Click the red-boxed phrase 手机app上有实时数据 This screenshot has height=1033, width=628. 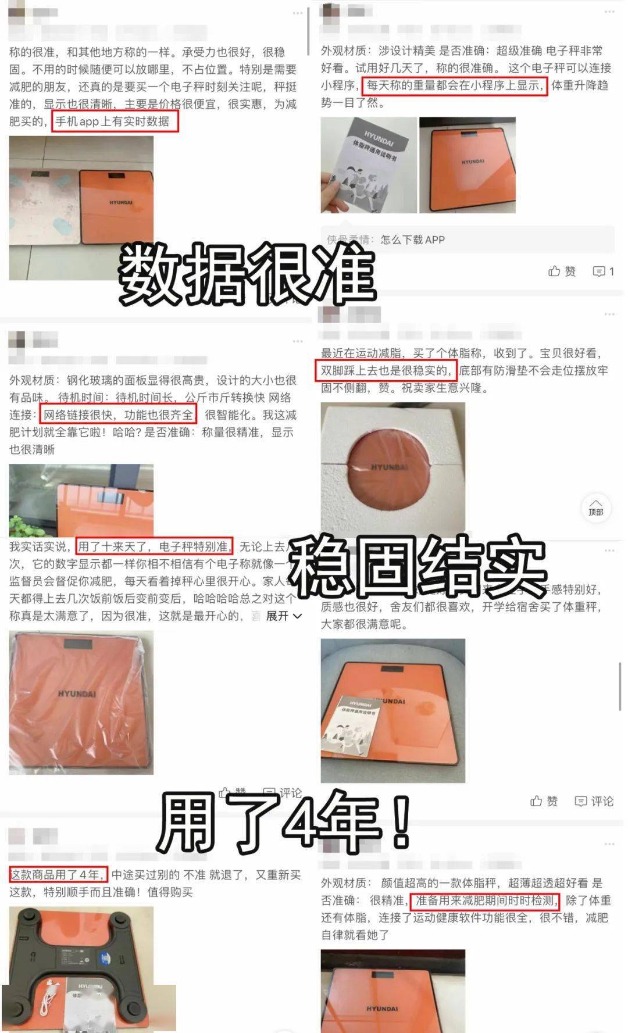tap(115, 121)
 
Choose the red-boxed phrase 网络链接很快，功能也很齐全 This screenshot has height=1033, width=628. tap(119, 415)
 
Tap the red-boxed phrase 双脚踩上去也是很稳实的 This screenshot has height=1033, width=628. tap(385, 370)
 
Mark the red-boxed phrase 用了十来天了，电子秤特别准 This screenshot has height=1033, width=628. tap(154, 546)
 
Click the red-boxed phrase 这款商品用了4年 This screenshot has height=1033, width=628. tap(58, 874)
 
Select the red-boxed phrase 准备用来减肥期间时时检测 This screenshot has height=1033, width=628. tap(485, 900)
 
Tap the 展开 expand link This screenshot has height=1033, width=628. tap(283, 616)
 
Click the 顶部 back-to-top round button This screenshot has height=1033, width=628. tap(596, 507)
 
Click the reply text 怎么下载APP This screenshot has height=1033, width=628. tap(412, 240)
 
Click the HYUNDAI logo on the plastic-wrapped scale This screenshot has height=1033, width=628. tap(77, 694)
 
